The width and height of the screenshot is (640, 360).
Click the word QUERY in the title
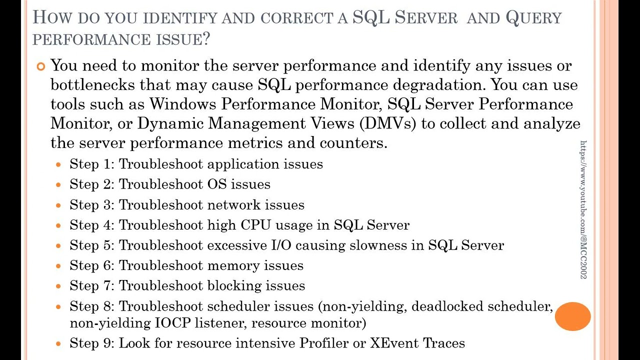coord(533,18)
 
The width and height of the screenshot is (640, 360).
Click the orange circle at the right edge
coord(572,316)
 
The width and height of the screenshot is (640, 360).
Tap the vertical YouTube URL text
coord(583,209)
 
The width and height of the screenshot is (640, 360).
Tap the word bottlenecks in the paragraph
coord(93,85)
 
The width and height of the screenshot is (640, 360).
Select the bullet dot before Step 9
coord(59,344)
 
